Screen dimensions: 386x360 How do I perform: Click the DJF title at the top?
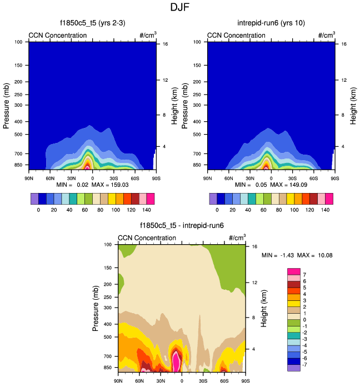point(179,8)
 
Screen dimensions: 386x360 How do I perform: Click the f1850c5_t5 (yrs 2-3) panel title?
point(93,23)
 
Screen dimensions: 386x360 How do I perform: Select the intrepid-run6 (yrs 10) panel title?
point(271,23)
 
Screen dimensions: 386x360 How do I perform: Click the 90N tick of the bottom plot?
point(118,381)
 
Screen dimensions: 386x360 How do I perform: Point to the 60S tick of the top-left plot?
point(135,178)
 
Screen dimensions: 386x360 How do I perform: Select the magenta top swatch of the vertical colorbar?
point(294,270)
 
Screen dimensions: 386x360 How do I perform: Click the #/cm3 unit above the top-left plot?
point(148,36)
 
